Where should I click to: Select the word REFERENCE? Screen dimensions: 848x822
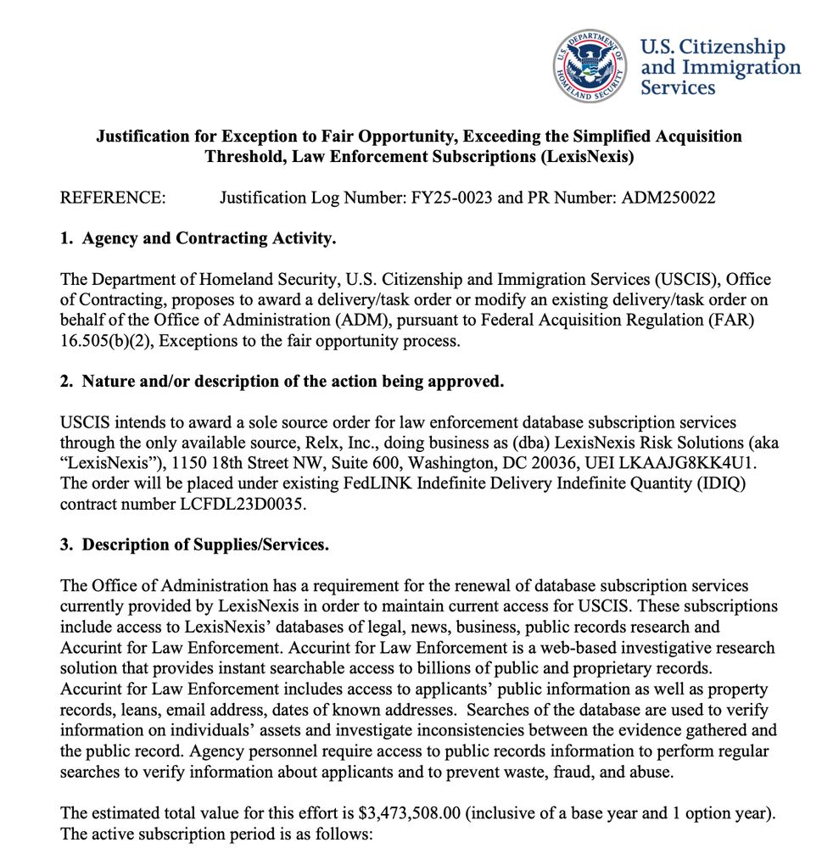pyautogui.click(x=112, y=198)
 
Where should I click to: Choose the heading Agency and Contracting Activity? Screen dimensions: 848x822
pyautogui.click(x=209, y=239)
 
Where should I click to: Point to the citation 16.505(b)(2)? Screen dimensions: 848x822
pyautogui.click(x=103, y=341)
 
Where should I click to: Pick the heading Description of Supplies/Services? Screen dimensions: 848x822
pyautogui.click(x=205, y=544)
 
